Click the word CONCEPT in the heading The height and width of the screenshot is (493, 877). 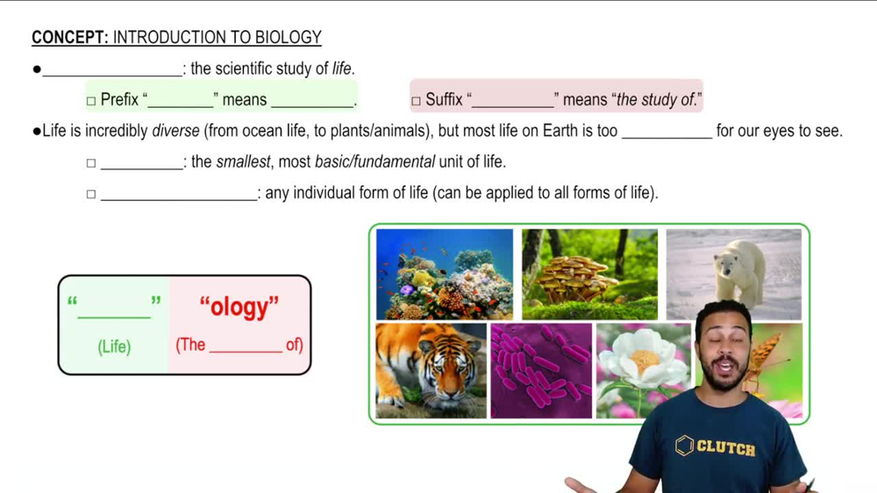69,38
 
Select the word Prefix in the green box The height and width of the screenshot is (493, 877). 119,100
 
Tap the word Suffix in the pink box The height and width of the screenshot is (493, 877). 444,100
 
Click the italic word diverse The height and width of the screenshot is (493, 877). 175,132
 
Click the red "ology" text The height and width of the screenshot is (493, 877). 239,308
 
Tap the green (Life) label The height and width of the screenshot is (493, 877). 114,347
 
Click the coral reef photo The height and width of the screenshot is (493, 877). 444,274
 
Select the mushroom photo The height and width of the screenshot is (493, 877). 588,274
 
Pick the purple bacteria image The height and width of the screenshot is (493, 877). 540,370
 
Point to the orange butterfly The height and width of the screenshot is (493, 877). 763,360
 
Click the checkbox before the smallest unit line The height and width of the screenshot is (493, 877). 91,163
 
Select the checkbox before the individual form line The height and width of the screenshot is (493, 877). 91,194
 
